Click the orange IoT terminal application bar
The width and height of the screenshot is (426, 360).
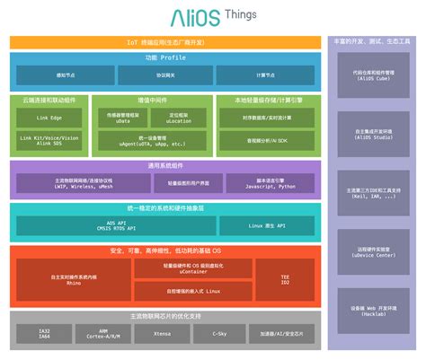[x=164, y=42]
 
